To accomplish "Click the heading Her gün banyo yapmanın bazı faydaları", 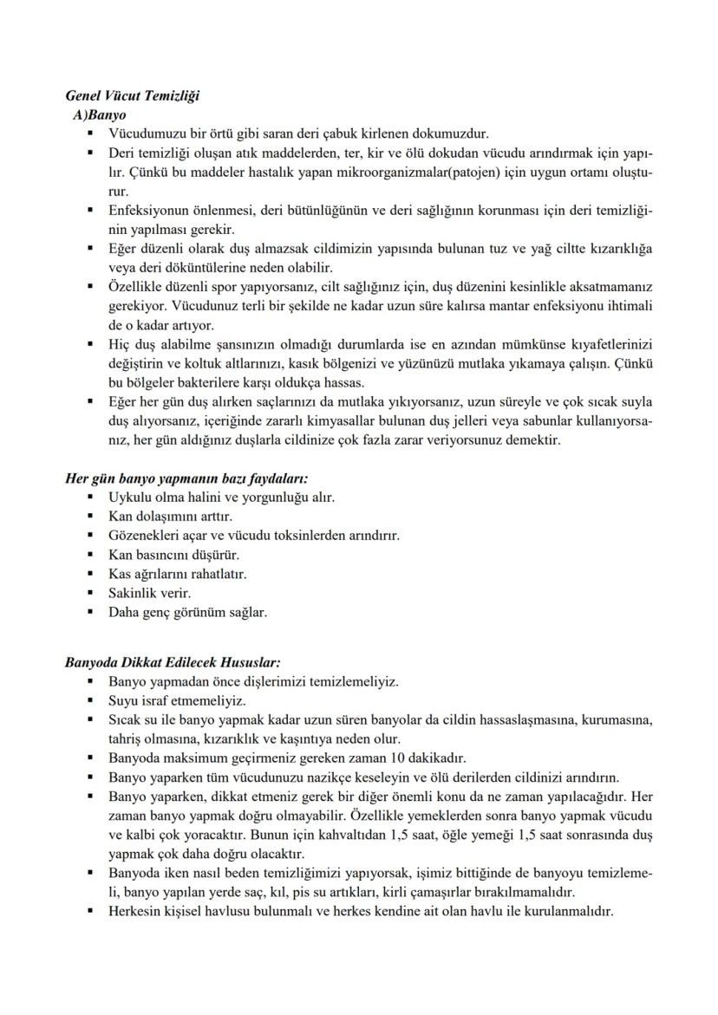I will tap(187, 478).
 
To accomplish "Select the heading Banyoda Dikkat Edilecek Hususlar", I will tap(168, 663).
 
